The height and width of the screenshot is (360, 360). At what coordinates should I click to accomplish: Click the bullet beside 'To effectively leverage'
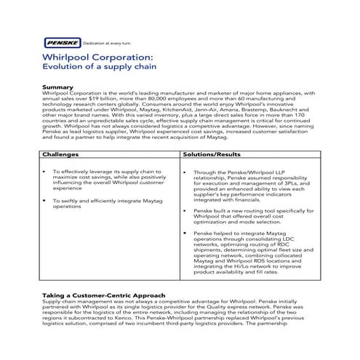[x=46, y=172]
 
